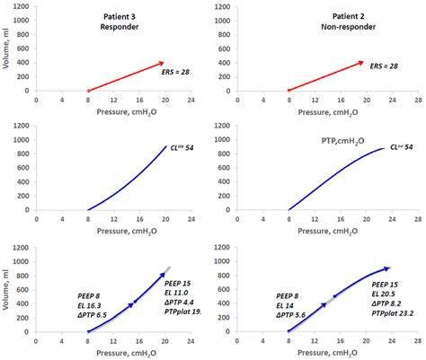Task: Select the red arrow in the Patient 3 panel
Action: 126,76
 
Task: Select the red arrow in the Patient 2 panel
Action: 325,76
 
